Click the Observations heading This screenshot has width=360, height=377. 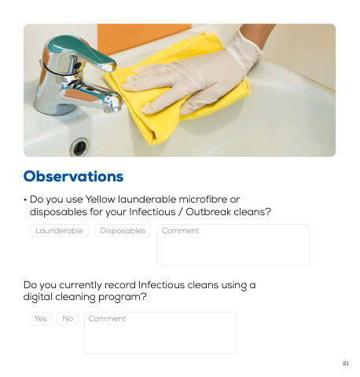point(73,176)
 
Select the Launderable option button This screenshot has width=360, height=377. point(59,230)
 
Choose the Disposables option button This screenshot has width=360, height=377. point(123,230)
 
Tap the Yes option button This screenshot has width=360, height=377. point(41,318)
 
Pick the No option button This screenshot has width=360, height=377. point(68,318)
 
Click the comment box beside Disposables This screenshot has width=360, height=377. point(233,245)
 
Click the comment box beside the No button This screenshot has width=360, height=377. point(160,333)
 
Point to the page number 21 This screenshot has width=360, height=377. point(346,363)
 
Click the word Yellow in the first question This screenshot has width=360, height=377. point(101,199)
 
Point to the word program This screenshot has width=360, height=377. point(120,298)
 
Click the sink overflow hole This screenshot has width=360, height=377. point(79,147)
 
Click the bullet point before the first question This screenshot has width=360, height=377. point(25,200)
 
